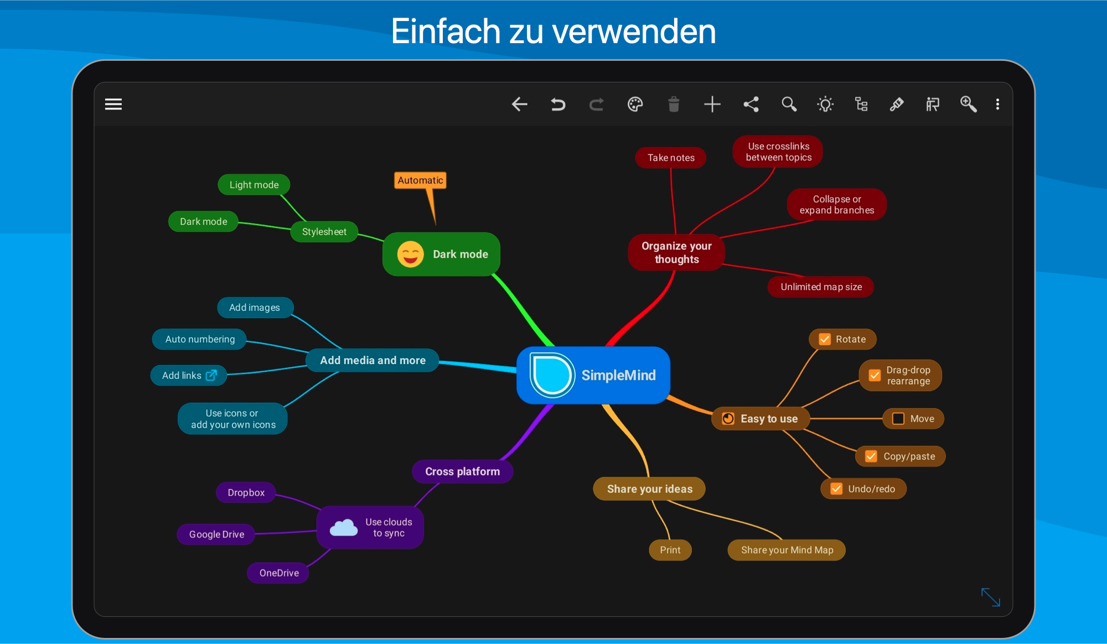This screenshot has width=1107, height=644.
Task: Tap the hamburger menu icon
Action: [x=113, y=104]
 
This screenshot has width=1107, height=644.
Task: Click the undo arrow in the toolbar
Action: [x=558, y=104]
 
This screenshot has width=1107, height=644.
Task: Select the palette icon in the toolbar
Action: [x=635, y=104]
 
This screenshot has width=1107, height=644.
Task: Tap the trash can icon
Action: [x=674, y=104]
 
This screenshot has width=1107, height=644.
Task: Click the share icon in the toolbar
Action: [x=751, y=104]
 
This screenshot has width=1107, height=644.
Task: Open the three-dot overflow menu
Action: [x=997, y=104]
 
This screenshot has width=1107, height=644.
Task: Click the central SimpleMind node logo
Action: [x=552, y=375]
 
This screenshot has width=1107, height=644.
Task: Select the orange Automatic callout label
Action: [x=421, y=180]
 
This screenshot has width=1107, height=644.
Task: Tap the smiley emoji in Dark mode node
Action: [x=410, y=254]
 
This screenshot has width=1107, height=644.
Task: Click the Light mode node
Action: [x=254, y=185]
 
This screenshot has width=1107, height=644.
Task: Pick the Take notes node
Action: [x=671, y=158]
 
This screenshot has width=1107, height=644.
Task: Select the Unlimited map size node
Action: [x=821, y=287]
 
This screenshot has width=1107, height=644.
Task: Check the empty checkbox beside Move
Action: [x=898, y=419]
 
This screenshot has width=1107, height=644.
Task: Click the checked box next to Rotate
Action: [x=825, y=339]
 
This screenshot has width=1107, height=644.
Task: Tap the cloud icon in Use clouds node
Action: [x=344, y=528]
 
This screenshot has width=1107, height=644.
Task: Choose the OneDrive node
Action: [x=278, y=573]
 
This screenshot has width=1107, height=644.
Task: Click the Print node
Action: [x=670, y=550]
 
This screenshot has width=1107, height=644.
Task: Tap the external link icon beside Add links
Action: [x=211, y=375]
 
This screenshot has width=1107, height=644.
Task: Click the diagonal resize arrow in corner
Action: [x=990, y=597]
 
